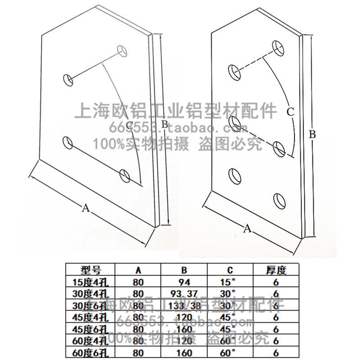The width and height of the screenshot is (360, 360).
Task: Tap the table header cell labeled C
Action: pyautogui.click(x=230, y=270)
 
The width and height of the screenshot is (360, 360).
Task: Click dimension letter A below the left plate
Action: pyautogui.click(x=85, y=207)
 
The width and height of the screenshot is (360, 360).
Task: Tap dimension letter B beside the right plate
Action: pyautogui.click(x=313, y=134)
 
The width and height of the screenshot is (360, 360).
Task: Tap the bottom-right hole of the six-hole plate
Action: pyautogui.click(x=280, y=199)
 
